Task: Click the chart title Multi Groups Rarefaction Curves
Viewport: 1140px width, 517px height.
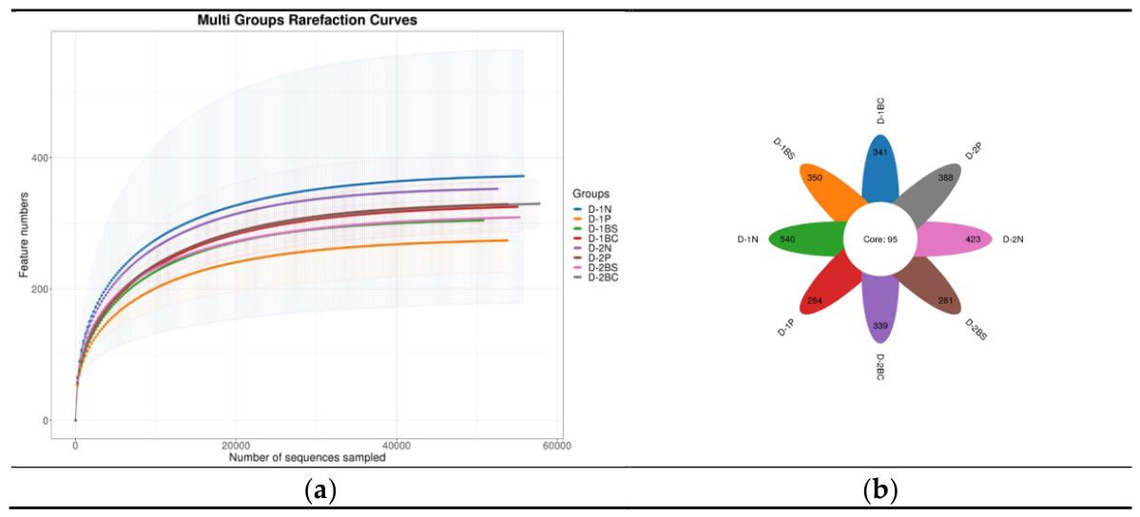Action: [307, 21]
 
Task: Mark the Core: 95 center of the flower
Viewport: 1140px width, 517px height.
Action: [879, 239]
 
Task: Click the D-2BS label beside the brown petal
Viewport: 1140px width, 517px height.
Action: [972, 329]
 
